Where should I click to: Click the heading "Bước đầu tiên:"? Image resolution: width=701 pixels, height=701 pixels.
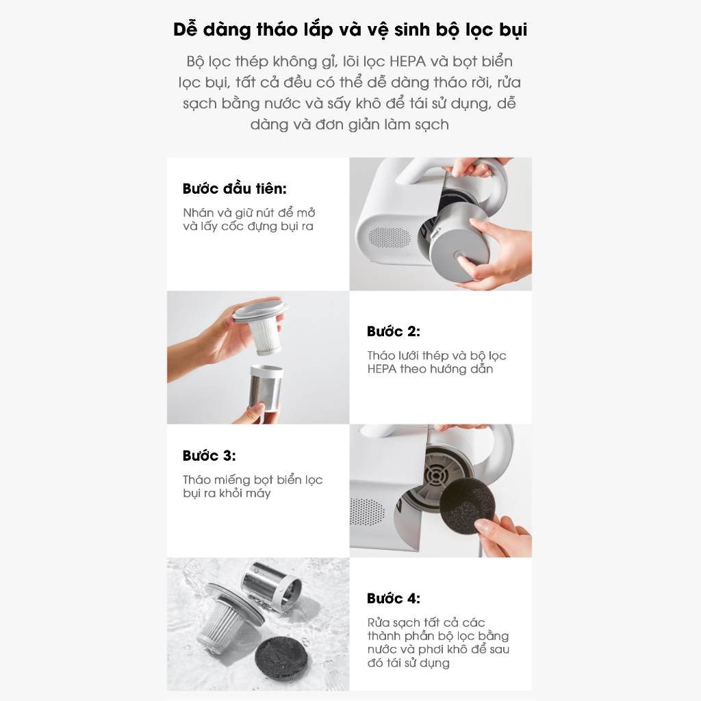(x=234, y=189)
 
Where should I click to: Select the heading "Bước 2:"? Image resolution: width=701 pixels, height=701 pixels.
(x=393, y=331)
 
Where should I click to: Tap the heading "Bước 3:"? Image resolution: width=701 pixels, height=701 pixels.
(x=209, y=456)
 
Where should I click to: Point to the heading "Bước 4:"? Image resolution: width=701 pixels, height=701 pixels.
(x=393, y=598)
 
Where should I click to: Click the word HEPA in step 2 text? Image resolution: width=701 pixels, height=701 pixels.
(x=382, y=369)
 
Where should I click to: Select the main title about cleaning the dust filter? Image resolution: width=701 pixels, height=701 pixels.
(x=350, y=31)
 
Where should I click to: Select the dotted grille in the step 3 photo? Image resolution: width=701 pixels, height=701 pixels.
(x=368, y=511)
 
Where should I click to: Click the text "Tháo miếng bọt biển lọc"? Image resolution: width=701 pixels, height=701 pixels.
(x=253, y=480)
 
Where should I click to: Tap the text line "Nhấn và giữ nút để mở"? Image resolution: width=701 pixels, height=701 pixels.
(x=249, y=213)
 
